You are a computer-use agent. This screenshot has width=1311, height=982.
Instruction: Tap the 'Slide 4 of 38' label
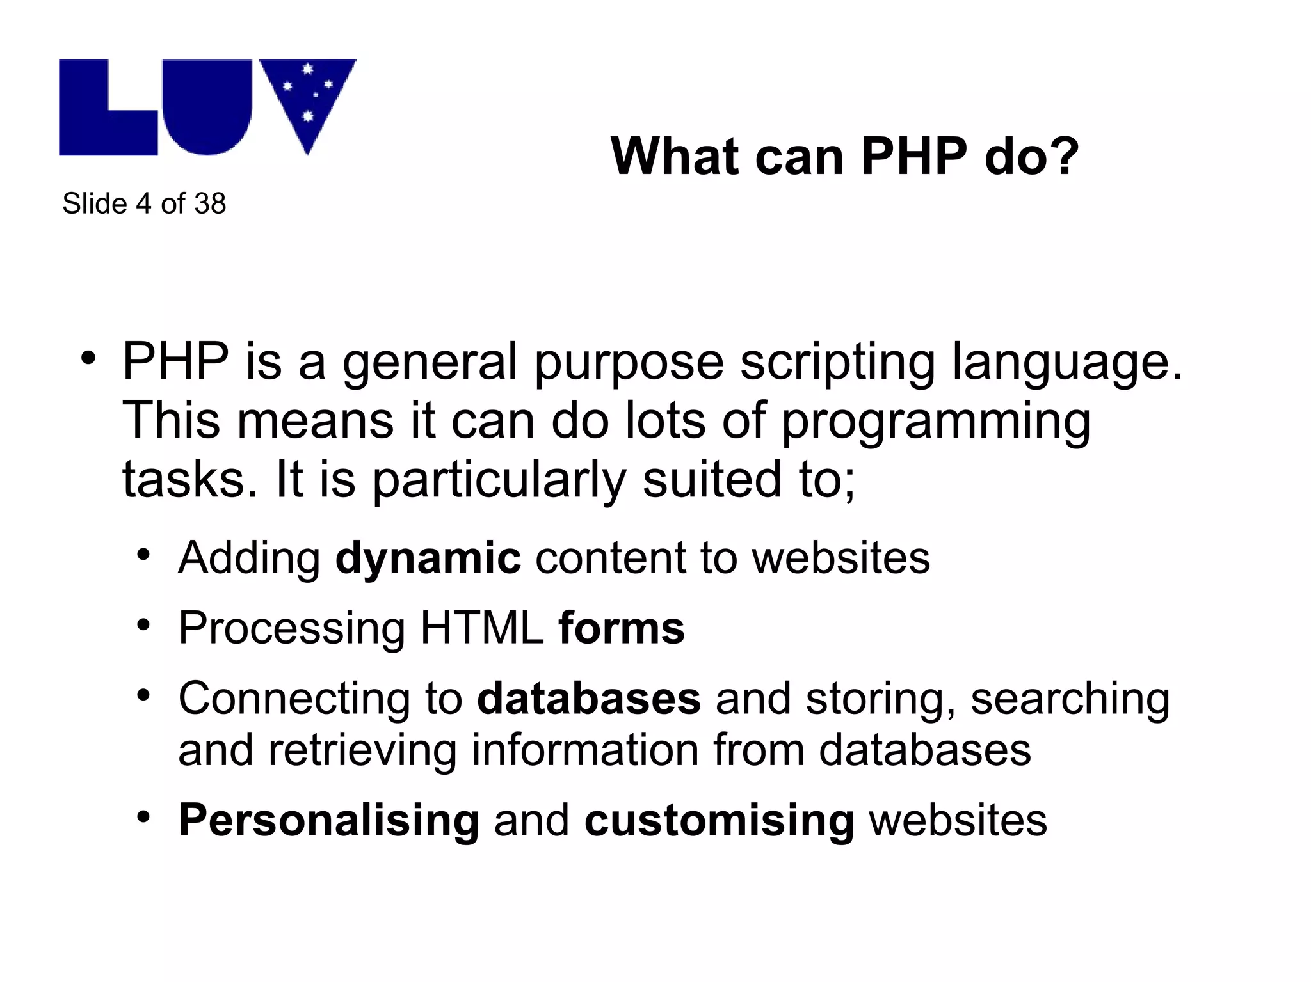(x=144, y=204)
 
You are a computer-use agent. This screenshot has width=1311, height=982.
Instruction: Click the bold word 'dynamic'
(x=428, y=558)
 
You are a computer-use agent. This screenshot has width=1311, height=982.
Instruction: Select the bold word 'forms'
(x=621, y=628)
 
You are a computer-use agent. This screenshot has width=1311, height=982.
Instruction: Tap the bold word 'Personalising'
(x=329, y=820)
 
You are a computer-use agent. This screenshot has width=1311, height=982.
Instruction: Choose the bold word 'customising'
(x=719, y=820)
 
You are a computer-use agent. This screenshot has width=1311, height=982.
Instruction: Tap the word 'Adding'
(x=249, y=558)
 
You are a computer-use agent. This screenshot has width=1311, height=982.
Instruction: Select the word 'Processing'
(x=291, y=628)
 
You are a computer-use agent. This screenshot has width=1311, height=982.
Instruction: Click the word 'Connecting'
(x=294, y=699)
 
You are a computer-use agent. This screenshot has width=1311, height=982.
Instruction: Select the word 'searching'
(x=1070, y=699)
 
